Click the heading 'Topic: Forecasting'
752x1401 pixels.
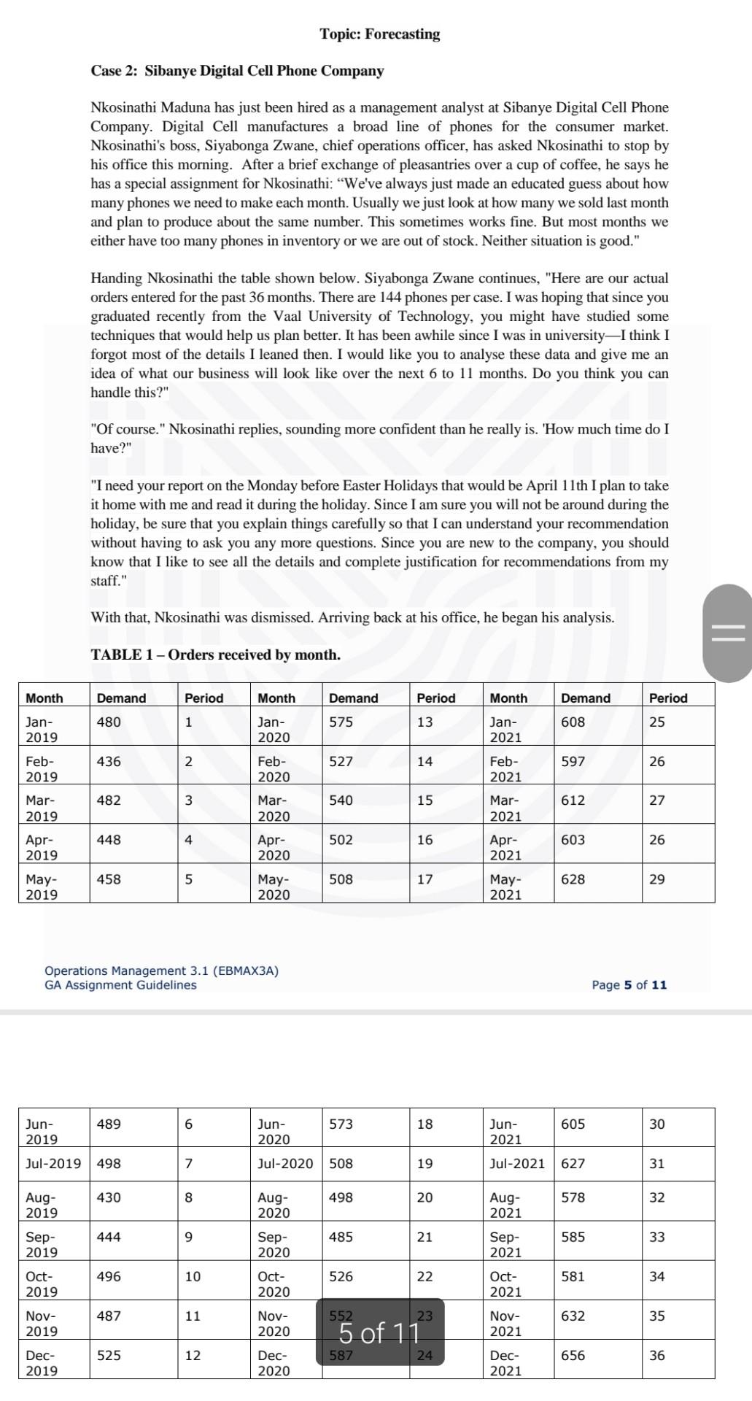[379, 34]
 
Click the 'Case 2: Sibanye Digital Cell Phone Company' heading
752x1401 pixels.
[237, 71]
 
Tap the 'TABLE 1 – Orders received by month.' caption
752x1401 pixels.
[215, 655]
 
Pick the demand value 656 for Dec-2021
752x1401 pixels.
[573, 1355]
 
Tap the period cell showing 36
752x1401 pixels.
[656, 1355]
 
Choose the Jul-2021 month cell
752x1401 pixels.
[517, 1163]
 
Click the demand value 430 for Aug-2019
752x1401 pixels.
[109, 1197]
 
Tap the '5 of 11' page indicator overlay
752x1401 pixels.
[380, 1333]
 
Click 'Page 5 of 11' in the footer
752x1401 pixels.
[629, 985]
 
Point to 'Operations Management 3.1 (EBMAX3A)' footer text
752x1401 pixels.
[161, 970]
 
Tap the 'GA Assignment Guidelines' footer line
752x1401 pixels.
[120, 985]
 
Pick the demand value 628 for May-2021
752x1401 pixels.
[573, 879]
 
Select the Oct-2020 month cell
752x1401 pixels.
[274, 1284]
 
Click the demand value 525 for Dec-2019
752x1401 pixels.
[109, 1355]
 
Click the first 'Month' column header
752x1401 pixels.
[44, 698]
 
